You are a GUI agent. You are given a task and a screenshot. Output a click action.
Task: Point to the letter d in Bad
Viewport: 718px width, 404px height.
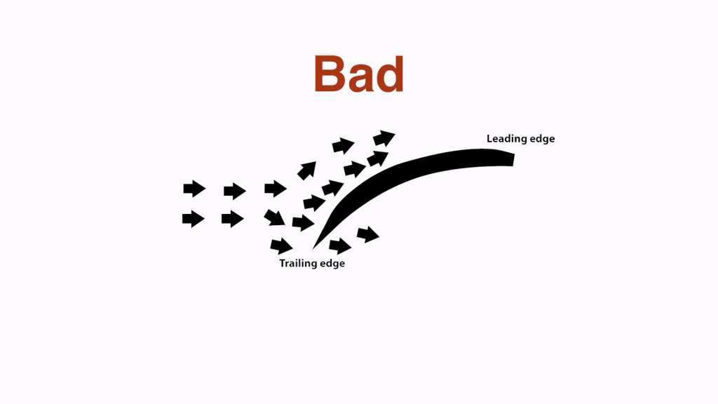point(391,74)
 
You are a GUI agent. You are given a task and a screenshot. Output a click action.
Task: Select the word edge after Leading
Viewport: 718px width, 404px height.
point(542,139)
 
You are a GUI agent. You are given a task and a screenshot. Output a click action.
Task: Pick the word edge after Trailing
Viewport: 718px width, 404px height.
point(332,264)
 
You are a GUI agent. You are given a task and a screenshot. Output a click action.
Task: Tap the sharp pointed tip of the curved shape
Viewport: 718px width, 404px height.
point(313,249)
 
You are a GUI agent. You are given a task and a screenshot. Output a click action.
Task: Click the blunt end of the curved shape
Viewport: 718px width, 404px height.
point(513,159)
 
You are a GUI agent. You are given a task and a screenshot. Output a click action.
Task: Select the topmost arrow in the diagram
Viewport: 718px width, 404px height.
point(384,138)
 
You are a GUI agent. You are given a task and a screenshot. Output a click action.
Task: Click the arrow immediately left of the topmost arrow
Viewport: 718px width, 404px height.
point(343,146)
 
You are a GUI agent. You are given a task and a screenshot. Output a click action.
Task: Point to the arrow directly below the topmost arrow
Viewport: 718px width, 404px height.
point(378,158)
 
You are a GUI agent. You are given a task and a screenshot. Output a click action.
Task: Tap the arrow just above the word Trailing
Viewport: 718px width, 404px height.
point(281,246)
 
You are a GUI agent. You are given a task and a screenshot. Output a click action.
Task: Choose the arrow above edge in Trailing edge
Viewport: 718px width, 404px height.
point(340,246)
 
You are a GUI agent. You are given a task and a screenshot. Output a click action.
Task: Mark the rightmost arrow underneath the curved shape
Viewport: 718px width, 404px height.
point(367,234)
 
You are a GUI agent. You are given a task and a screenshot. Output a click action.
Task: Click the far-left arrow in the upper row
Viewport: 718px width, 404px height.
point(194,189)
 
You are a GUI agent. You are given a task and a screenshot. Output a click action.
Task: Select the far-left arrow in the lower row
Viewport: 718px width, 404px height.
point(194,219)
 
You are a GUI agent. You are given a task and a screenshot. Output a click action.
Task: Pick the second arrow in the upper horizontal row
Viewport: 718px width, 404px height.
point(234,191)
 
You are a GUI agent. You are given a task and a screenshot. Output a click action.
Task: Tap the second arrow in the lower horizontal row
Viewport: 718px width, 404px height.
point(233,219)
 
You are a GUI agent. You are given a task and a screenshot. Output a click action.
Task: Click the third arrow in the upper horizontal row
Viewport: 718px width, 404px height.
point(275,188)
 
